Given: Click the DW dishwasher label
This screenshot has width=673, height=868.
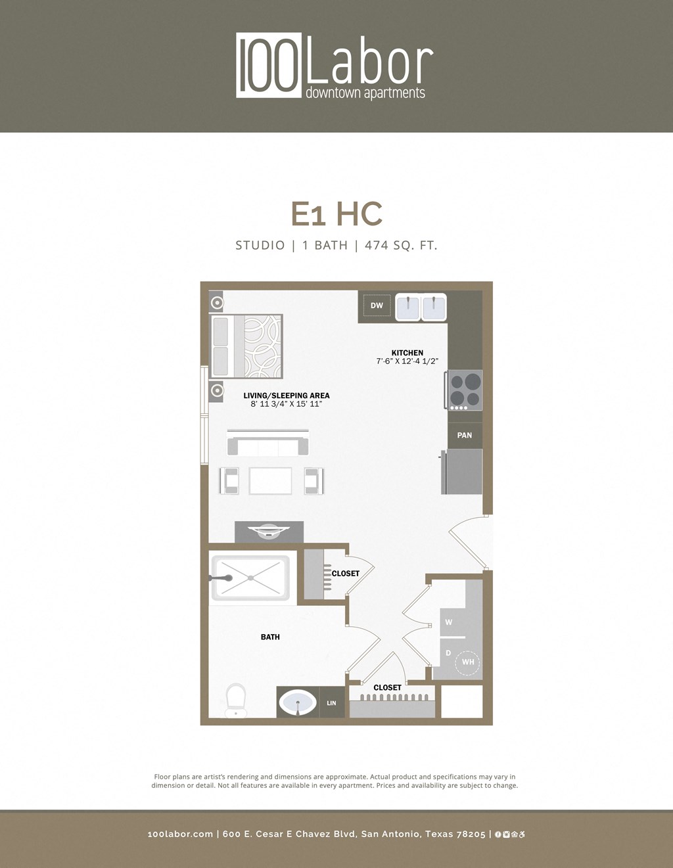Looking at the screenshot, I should (x=377, y=306).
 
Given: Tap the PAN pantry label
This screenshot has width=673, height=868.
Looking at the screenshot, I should (x=465, y=435).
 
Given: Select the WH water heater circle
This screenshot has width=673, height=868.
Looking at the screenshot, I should (x=467, y=662).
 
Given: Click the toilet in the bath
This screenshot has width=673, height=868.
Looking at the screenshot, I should (x=235, y=700).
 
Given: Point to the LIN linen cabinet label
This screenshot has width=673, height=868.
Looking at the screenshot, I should (x=331, y=703).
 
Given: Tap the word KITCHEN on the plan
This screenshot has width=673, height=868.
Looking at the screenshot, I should (x=407, y=353).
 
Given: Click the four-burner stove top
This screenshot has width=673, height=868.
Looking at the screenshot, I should (x=465, y=389).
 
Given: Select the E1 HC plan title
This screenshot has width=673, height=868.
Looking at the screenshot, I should (x=336, y=214).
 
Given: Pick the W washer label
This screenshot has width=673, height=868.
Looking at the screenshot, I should (x=449, y=622).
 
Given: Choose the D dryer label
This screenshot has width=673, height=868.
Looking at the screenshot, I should (x=449, y=653).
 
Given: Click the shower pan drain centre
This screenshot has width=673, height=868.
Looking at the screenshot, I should (x=250, y=578).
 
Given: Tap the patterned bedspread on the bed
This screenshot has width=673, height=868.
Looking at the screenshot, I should (x=262, y=346).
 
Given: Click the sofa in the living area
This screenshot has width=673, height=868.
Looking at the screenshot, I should (x=267, y=445).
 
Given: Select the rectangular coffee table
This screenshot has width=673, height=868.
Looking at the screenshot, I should (x=270, y=480).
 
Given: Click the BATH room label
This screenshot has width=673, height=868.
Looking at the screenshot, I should (x=270, y=637).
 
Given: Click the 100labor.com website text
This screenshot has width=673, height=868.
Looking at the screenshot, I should (x=180, y=834).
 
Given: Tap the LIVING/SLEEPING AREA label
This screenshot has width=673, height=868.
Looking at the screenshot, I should (x=287, y=396).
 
